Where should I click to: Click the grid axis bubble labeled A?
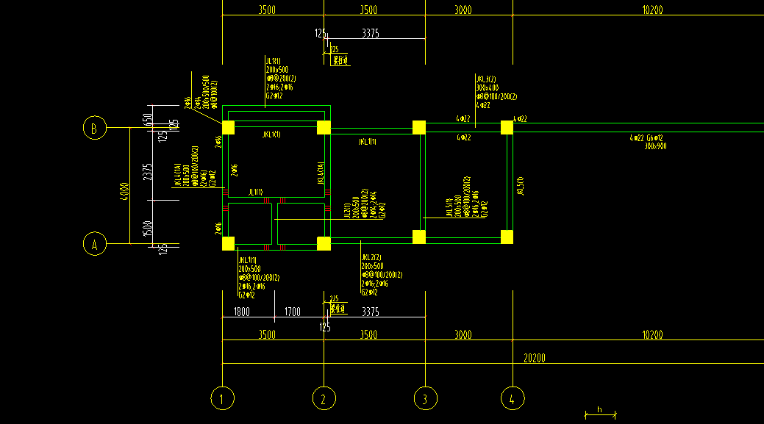pyautogui.click(x=94, y=244)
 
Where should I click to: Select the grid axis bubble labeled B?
pyautogui.click(x=94, y=128)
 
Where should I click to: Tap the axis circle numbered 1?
pyautogui.click(x=222, y=398)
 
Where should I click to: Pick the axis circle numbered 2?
pyautogui.click(x=324, y=398)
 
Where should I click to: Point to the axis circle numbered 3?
pyautogui.click(x=425, y=398)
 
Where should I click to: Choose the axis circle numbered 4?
pyautogui.click(x=513, y=398)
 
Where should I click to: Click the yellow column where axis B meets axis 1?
pyautogui.click(x=228, y=127)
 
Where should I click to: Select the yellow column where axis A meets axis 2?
pyautogui.click(x=324, y=243)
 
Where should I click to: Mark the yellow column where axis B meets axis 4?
pyautogui.click(x=507, y=127)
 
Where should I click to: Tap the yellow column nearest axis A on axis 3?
pyautogui.click(x=419, y=237)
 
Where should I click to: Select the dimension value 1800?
pyautogui.click(x=241, y=312)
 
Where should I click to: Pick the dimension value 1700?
pyautogui.click(x=292, y=312)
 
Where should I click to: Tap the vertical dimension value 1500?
pyautogui.click(x=148, y=229)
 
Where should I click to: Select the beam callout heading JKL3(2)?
pyautogui.click(x=486, y=79)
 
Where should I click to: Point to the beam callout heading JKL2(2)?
pyautogui.click(x=371, y=257)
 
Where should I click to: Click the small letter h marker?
pyautogui.click(x=599, y=409)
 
